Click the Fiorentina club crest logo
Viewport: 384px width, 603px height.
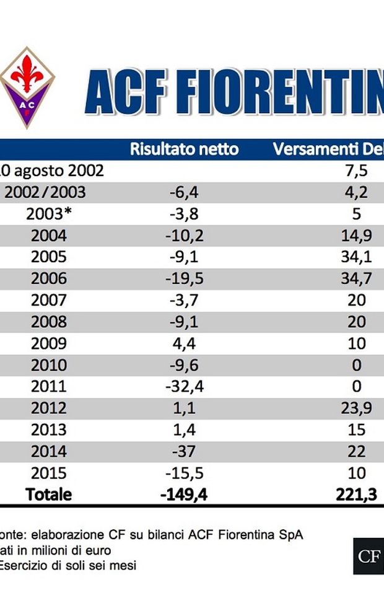pyautogui.click(x=26, y=87)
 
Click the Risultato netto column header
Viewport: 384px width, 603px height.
pyautogui.click(x=184, y=149)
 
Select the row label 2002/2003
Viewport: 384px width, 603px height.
pyautogui.click(x=45, y=192)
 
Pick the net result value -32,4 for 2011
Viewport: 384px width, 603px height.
pyautogui.click(x=185, y=387)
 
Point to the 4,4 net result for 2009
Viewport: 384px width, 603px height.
pyautogui.click(x=185, y=343)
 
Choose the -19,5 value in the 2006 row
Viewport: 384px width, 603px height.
pyautogui.click(x=185, y=279)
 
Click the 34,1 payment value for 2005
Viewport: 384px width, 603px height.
pyautogui.click(x=356, y=257)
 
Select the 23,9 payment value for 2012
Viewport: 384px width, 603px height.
pyautogui.click(x=356, y=408)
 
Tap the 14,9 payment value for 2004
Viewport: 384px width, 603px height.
pyautogui.click(x=356, y=235)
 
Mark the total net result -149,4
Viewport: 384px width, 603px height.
pyautogui.click(x=185, y=495)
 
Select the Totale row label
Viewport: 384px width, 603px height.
pyautogui.click(x=48, y=495)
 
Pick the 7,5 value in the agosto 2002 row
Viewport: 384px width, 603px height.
pyautogui.click(x=356, y=171)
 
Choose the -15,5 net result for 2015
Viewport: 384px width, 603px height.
pyautogui.click(x=185, y=473)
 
